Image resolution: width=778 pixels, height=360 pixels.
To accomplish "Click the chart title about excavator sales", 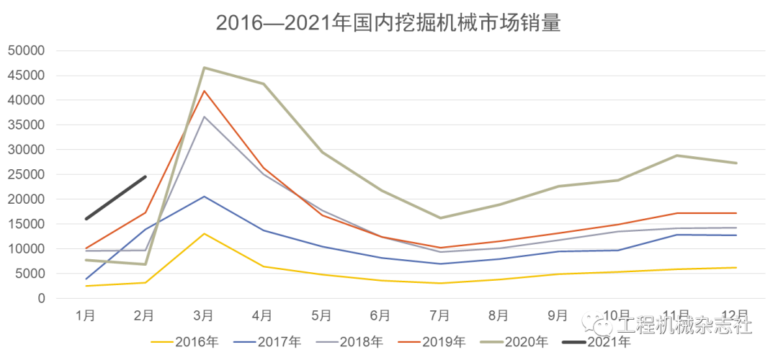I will coord(388,23).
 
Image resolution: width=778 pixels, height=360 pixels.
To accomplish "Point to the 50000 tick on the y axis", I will coord(25,50).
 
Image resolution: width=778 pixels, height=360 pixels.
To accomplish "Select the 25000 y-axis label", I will coord(25,174).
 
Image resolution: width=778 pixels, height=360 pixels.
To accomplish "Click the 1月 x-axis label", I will coord(86,315).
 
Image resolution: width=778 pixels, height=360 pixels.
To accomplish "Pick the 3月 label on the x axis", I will coord(204,315).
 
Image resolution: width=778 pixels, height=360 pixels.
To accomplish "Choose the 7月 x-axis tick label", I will coord(439,315).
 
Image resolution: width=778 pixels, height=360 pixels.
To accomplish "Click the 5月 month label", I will coord(322,315).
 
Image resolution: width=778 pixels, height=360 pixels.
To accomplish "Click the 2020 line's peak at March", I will coord(204,68).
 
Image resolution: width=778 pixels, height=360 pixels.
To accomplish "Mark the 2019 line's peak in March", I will coord(204,91).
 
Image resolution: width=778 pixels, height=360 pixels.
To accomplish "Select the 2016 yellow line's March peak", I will coord(204,233).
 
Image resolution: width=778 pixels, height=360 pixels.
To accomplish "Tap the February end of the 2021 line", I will coord(145,176).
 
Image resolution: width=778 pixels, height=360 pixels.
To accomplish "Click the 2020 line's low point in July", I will coord(439,217).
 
